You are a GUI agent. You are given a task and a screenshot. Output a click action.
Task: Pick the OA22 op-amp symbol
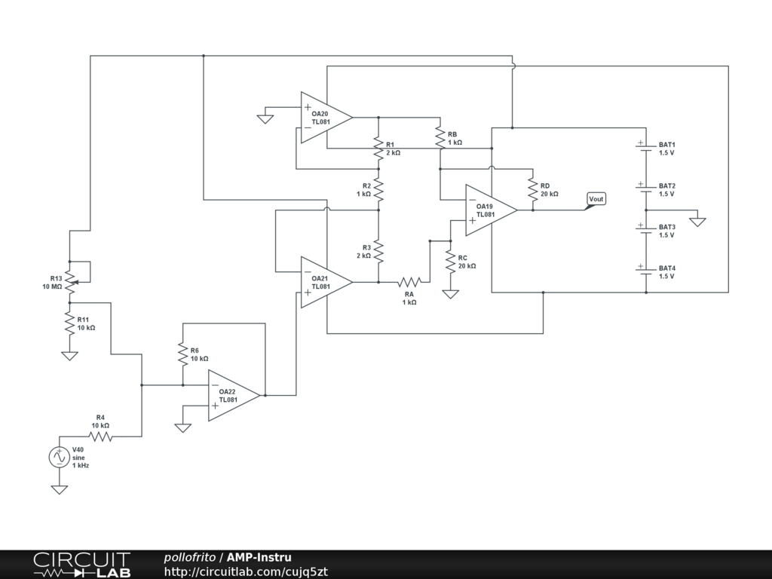click(x=234, y=395)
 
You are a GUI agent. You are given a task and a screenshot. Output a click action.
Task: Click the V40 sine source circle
click(x=59, y=457)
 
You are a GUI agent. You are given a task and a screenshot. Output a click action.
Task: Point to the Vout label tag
click(x=596, y=200)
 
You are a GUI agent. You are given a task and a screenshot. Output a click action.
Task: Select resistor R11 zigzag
click(x=69, y=323)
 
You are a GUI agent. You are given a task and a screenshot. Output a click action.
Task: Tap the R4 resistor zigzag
click(x=100, y=437)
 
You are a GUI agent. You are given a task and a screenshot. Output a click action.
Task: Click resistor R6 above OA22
click(x=182, y=354)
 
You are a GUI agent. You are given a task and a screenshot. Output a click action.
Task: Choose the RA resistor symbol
click(x=409, y=282)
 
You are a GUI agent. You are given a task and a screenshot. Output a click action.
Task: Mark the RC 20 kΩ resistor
click(x=451, y=262)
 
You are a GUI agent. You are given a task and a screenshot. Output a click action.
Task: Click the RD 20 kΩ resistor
click(x=533, y=189)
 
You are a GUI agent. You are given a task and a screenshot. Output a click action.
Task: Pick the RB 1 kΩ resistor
click(x=440, y=138)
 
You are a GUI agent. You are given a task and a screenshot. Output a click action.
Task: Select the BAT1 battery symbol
click(x=646, y=149)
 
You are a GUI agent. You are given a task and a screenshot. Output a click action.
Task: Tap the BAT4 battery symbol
click(x=646, y=271)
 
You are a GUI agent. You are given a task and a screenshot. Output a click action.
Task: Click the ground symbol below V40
click(x=59, y=489)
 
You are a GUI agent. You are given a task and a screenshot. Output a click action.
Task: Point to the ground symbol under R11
click(x=69, y=356)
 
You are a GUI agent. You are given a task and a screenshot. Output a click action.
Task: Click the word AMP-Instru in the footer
click(x=259, y=557)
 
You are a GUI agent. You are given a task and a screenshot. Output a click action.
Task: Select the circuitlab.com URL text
click(x=246, y=571)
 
